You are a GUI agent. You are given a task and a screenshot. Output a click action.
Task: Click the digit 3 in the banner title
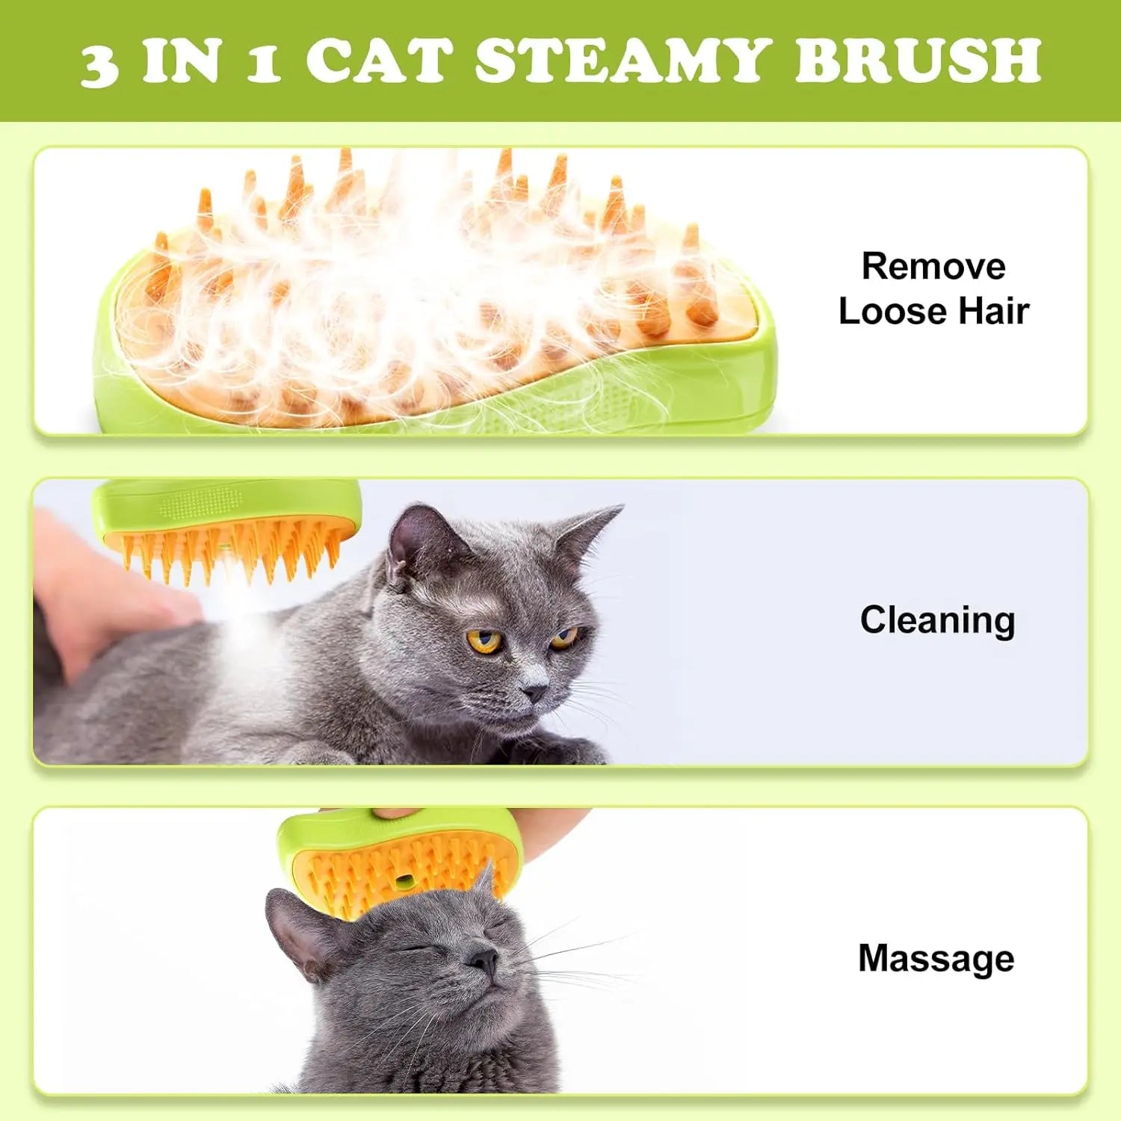point(99,64)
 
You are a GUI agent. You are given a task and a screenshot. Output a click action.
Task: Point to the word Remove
point(933,266)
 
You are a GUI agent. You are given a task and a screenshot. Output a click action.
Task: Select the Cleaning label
point(937,620)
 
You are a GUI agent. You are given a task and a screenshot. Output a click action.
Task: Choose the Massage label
point(936,958)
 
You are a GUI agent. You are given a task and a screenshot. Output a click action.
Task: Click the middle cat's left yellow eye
point(484,640)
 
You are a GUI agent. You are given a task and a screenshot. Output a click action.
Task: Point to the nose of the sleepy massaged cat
point(484,959)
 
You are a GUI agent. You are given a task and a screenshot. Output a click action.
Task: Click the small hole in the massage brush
point(404,883)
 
